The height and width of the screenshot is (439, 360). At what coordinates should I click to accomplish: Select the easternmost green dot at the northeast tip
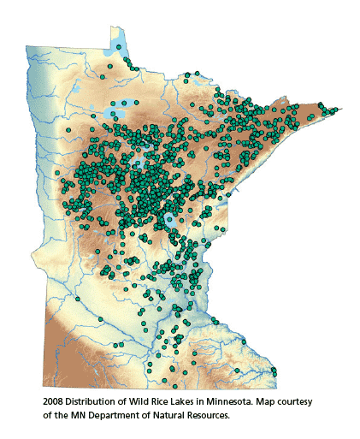[335, 110]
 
